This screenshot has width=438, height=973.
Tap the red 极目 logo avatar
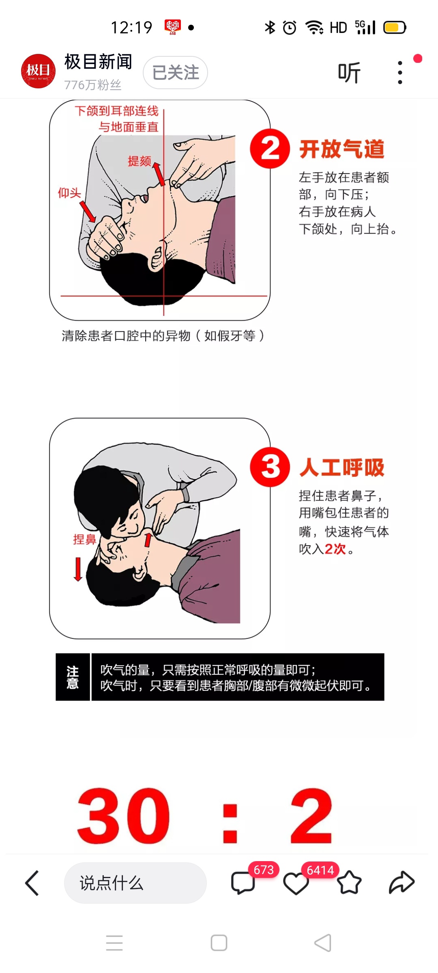38,71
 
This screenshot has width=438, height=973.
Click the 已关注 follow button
175,73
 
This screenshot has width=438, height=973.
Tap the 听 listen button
349,73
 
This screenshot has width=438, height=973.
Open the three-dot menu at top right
400,73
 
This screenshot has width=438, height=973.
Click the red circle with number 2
270,148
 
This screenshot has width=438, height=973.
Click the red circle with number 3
270,467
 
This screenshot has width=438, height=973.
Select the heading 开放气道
342,149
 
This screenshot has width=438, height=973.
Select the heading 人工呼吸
342,467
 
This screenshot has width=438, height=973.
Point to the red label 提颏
140,161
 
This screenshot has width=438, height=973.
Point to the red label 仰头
69,193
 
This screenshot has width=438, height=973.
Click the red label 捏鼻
84,539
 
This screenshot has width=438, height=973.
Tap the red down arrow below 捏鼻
78,569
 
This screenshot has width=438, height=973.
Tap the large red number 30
123,816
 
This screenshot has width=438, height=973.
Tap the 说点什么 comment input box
135,883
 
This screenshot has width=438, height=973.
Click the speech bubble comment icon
243,883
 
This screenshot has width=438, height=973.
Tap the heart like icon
296,883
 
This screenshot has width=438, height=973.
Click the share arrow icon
401,883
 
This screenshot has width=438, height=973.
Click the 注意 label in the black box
73,677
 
